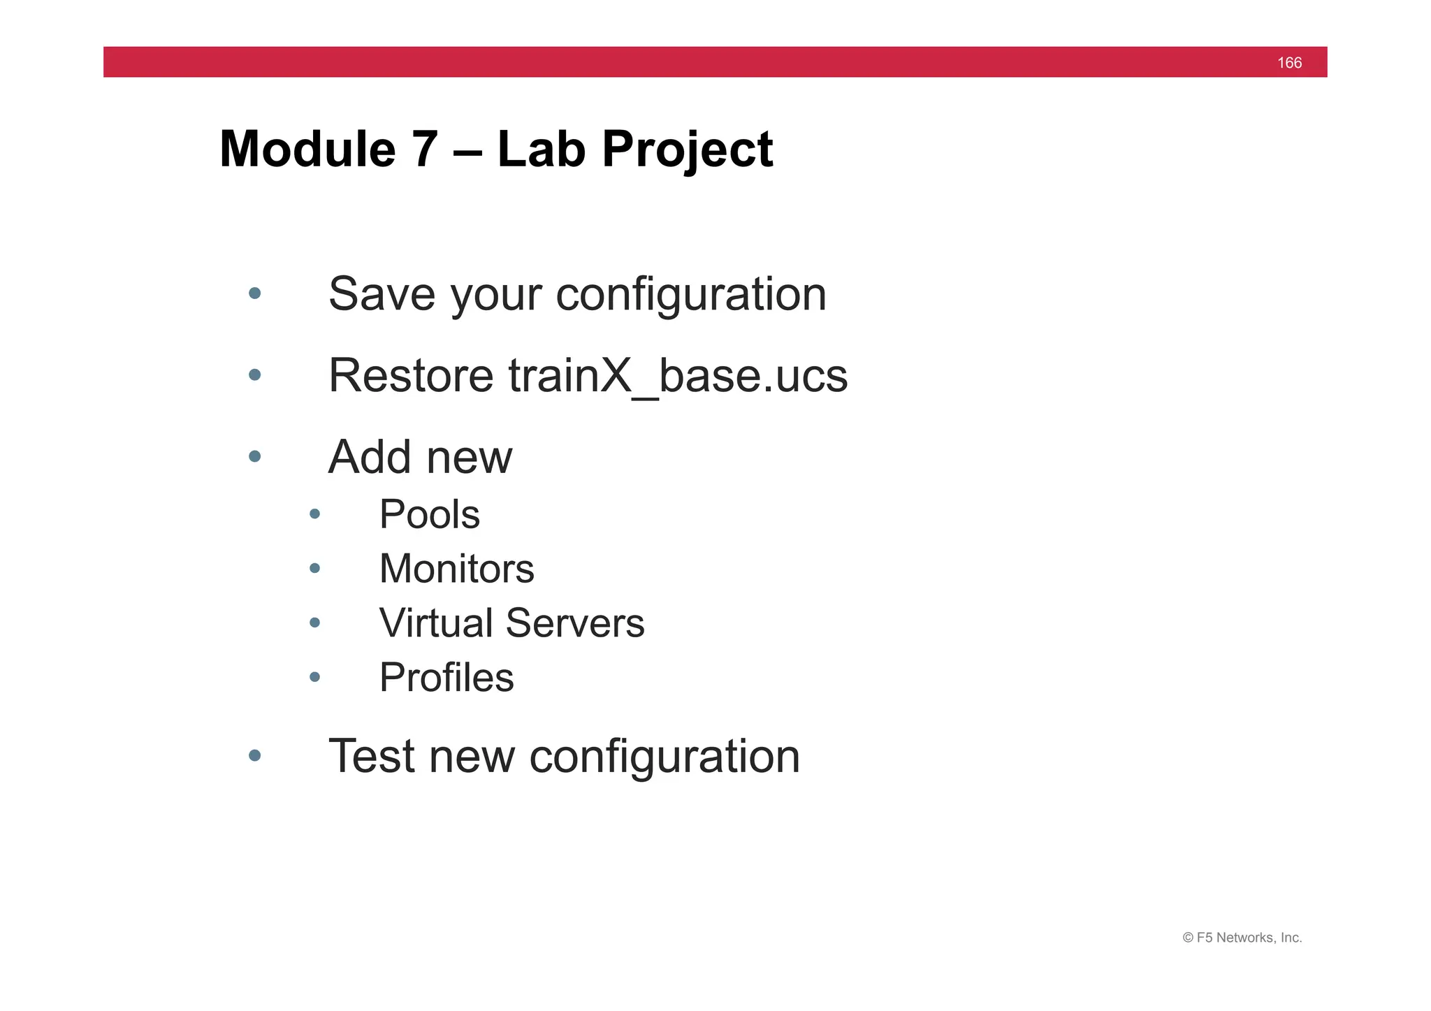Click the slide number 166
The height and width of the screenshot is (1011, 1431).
click(x=1289, y=63)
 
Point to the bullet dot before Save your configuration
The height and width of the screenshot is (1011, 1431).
click(x=255, y=293)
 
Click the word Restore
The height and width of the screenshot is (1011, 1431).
click(x=411, y=376)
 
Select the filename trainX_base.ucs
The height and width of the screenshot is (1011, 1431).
click(x=678, y=376)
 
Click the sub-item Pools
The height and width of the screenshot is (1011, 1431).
click(x=429, y=515)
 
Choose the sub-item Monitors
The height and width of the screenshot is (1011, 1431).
click(x=456, y=569)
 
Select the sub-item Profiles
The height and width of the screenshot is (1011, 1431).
click(x=446, y=678)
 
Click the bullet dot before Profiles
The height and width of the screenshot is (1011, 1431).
click(x=315, y=676)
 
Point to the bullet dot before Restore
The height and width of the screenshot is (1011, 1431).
click(x=255, y=375)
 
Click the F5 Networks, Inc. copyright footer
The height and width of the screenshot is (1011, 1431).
click(x=1242, y=938)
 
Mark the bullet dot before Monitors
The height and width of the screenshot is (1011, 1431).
click(x=315, y=568)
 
